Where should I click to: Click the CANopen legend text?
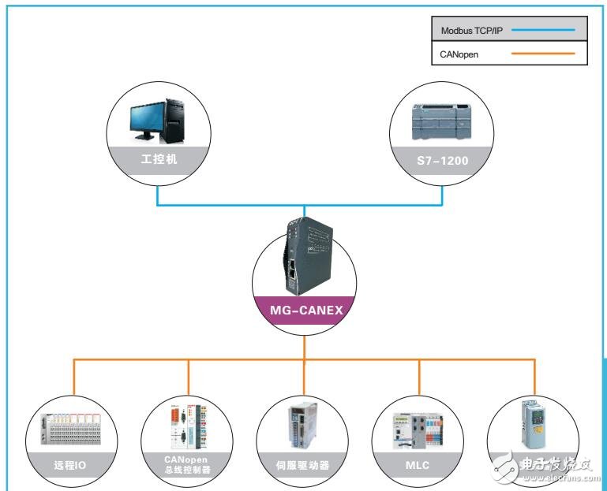point(459,55)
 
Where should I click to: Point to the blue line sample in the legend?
point(542,32)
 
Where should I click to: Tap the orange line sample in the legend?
point(542,55)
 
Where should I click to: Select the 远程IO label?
point(69,465)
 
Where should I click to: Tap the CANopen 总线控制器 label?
point(187,464)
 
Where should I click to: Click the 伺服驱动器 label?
point(302,465)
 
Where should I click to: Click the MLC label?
point(418,465)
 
